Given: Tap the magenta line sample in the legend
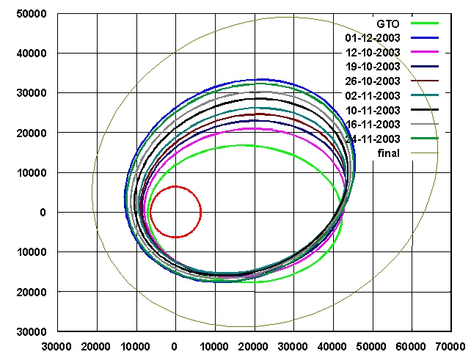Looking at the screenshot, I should [425, 52].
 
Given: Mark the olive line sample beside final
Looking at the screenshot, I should [425, 153].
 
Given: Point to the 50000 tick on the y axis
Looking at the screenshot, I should [32, 14].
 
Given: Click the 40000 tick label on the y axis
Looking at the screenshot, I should [32, 54].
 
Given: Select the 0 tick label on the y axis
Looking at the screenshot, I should [43, 213].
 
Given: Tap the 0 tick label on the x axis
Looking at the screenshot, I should [175, 345].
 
